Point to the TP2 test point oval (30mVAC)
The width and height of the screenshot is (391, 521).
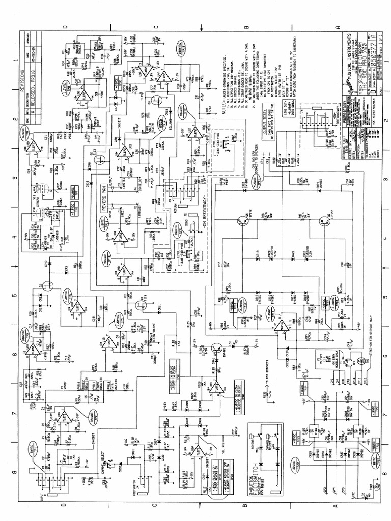[x=95, y=416]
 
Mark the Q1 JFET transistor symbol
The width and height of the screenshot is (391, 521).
[x=49, y=287]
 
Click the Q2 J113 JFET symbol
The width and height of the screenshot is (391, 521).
[x=100, y=159]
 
